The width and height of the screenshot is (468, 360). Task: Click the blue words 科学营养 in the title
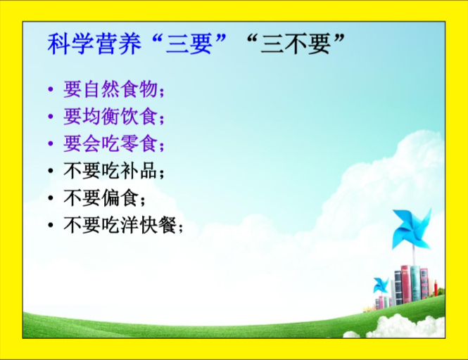[x=94, y=44]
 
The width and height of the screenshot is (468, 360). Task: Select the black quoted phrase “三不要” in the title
[x=296, y=44]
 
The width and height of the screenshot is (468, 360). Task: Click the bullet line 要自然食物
[x=114, y=89]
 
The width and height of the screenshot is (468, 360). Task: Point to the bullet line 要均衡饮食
[x=114, y=116]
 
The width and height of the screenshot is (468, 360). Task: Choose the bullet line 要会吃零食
[x=114, y=143]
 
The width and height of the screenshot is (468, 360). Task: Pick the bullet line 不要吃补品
[x=114, y=171]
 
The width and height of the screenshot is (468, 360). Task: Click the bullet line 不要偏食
[x=104, y=198]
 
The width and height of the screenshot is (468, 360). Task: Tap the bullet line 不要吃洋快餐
[x=123, y=225]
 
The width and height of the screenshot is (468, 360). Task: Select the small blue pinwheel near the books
[x=381, y=285]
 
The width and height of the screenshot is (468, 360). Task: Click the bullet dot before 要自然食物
[x=51, y=89]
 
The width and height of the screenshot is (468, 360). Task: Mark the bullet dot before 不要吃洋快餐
[x=51, y=225]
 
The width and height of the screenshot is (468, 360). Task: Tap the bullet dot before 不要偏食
[x=51, y=198]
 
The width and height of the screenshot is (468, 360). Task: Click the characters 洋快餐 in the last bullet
[x=148, y=225]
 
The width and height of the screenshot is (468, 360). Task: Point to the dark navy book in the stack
[x=398, y=287]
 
